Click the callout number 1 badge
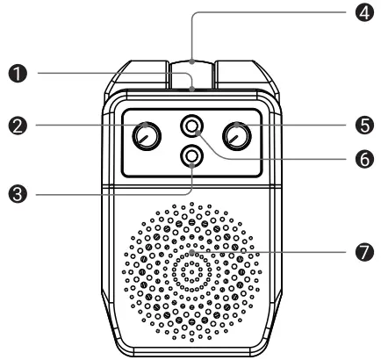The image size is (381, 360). point(18,74)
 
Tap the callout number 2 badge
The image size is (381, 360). point(18,126)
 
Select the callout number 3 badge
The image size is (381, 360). point(18,194)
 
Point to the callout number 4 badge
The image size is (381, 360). point(364,12)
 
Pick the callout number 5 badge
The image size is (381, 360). point(364,126)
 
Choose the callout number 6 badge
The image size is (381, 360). point(364,159)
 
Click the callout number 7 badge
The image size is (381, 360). point(364,252)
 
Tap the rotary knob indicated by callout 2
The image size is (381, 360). point(147,136)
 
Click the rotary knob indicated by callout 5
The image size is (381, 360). point(237,136)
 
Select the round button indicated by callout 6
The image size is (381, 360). point(191,126)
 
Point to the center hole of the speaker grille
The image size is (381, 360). point(191,272)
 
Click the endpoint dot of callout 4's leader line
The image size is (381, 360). point(191,61)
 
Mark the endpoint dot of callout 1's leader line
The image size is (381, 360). point(191,89)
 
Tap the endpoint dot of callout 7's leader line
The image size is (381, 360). point(191,252)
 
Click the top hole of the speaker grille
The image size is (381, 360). point(191,204)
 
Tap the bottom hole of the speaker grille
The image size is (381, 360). point(191,340)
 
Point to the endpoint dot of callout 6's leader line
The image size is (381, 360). point(198,133)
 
